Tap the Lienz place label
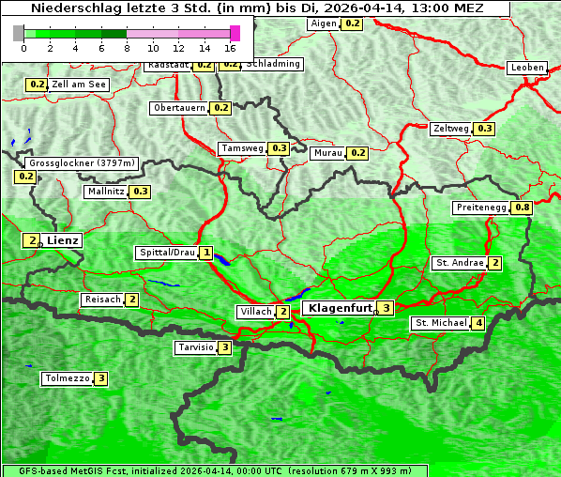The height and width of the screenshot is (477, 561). coord(63,240)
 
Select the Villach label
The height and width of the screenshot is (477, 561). coord(255,312)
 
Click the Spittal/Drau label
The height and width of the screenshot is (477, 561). coord(167,253)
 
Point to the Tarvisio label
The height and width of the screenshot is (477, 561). coord(195,347)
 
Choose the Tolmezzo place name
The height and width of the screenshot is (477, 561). coord(67,379)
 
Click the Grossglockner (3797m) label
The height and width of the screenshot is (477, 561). coord(83,163)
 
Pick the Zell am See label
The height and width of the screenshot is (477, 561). coord(79,85)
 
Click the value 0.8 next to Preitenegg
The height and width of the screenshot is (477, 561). coord(522,208)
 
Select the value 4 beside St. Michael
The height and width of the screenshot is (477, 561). coord(478,323)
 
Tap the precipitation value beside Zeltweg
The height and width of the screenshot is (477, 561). coord(484,129)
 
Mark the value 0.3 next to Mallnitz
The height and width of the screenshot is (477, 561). coord(141,192)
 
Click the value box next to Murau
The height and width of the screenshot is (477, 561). coord(356,153)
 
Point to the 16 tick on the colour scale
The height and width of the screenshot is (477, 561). coord(231,47)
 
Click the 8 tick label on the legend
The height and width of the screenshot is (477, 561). coord(127,47)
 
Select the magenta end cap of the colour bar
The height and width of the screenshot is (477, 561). coord(235,33)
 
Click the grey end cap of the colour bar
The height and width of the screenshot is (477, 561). coord(19,33)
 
